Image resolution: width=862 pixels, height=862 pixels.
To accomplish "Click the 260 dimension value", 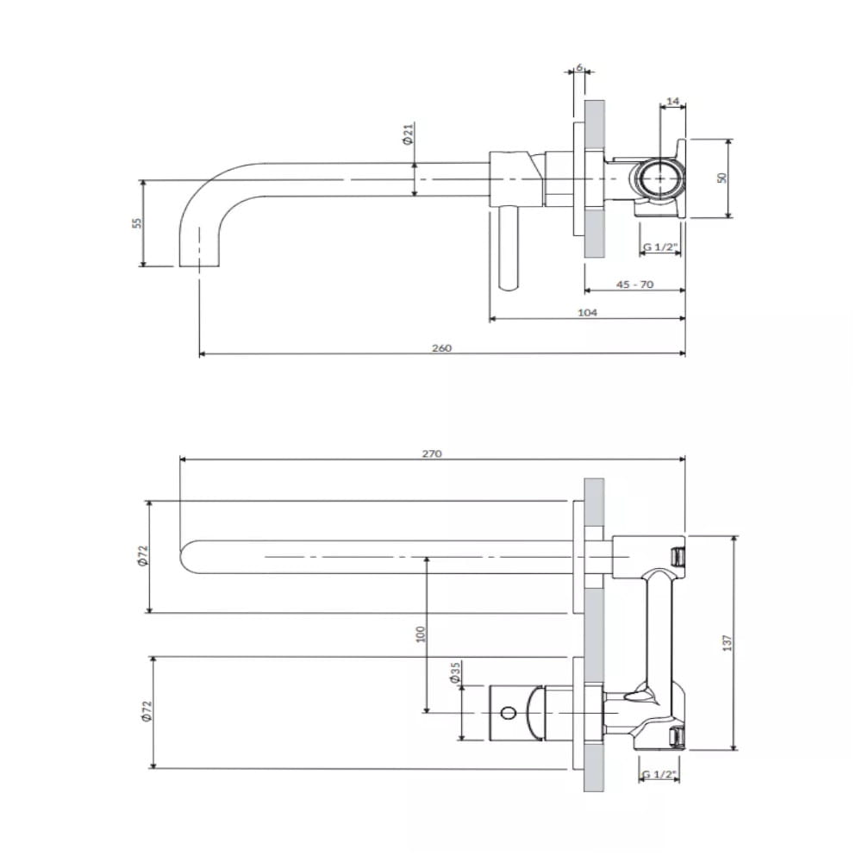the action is click(441, 348).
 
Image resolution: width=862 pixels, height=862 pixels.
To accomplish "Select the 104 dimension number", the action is click(587, 312).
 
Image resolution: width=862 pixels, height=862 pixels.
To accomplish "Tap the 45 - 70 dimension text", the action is click(635, 284).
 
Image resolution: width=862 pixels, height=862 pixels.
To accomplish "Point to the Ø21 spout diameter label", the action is click(408, 134).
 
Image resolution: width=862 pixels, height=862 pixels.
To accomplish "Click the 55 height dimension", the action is click(137, 222).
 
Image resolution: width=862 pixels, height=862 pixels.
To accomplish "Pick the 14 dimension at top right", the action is click(673, 101).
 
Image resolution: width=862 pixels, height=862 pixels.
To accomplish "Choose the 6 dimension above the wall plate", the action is click(579, 67).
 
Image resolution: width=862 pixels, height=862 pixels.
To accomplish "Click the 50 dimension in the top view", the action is click(722, 178).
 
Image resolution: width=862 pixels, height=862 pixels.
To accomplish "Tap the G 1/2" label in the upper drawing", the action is click(660, 247).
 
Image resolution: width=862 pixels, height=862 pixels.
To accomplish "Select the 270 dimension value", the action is click(432, 453).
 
